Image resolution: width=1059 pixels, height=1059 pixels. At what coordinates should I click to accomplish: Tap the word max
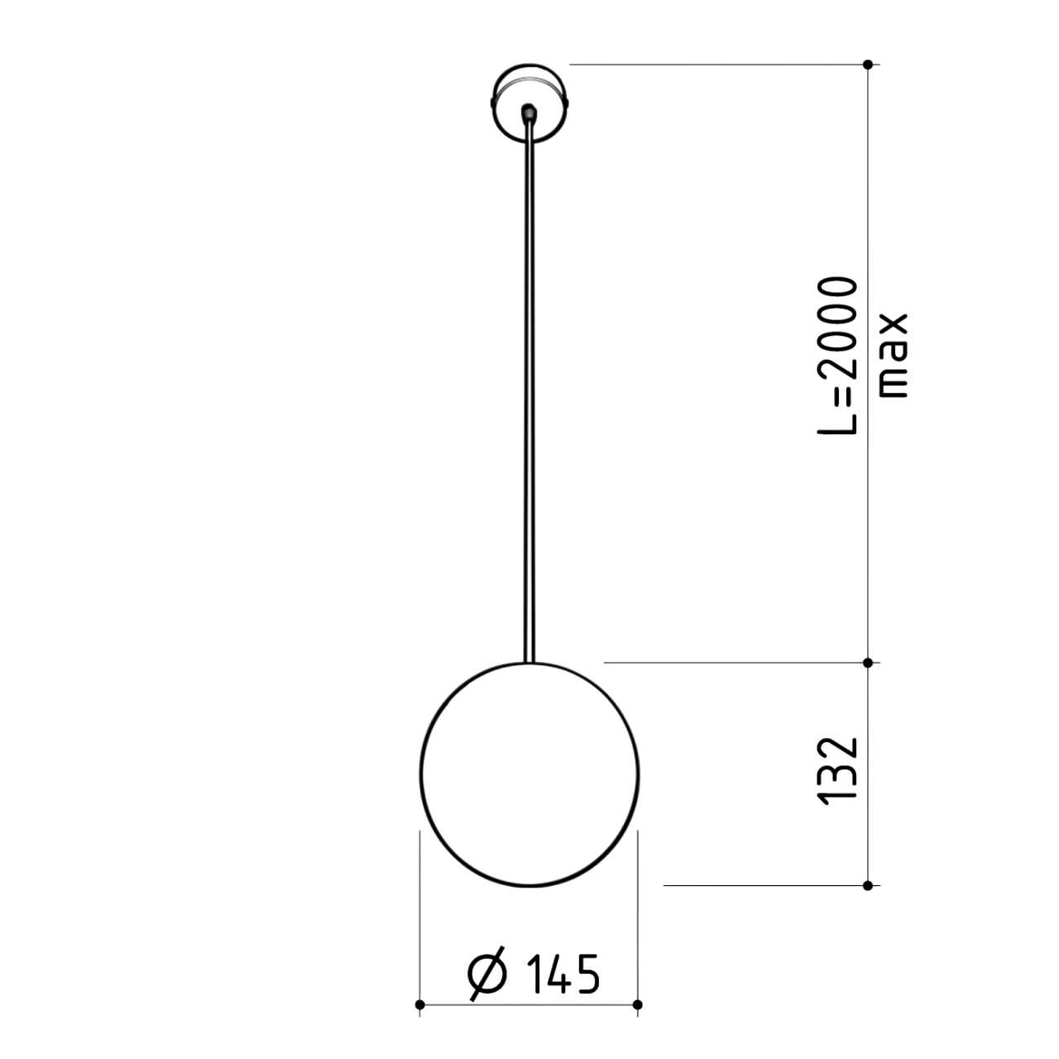click(x=894, y=356)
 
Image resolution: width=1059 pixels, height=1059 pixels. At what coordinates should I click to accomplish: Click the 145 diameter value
click(x=563, y=974)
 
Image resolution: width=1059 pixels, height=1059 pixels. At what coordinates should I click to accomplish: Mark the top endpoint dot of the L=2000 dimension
click(x=867, y=64)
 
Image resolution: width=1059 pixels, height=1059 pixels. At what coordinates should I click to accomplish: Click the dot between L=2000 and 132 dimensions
click(x=867, y=662)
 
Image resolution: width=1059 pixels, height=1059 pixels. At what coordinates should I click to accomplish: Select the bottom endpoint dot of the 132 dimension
click(x=867, y=885)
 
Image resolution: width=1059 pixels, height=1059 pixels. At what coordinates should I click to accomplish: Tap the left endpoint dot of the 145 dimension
click(x=419, y=1004)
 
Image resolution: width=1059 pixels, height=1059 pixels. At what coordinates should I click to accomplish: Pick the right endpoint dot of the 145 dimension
click(x=637, y=1004)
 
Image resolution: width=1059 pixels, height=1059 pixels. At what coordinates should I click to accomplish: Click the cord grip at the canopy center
click(x=529, y=111)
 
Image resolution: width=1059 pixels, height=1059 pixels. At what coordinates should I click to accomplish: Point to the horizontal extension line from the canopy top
click(x=712, y=64)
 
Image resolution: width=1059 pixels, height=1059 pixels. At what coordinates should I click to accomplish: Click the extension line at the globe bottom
click(x=761, y=885)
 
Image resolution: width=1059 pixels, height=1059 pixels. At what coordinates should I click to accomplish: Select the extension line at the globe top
click(x=728, y=662)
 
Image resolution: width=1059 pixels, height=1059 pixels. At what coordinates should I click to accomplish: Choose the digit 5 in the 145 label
click(x=586, y=974)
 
